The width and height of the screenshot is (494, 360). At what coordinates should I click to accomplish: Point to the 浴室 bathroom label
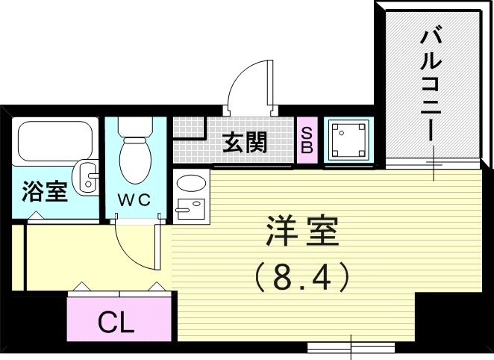point(46,191)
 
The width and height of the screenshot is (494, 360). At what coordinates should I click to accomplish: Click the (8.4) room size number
point(302,279)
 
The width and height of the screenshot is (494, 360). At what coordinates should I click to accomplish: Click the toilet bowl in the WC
point(135,158)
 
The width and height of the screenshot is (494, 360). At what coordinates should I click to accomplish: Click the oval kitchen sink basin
point(192,184)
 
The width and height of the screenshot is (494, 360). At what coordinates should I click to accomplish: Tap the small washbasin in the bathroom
point(90,176)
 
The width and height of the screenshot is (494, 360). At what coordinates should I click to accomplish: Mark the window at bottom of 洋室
point(351,347)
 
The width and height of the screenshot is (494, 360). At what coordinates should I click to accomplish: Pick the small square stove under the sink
point(192,208)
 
